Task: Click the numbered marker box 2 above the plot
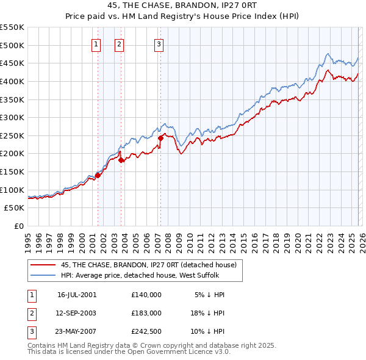click(x=120, y=44)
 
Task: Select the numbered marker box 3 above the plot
click(x=159, y=44)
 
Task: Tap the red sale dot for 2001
click(x=98, y=175)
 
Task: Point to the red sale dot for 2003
click(x=121, y=160)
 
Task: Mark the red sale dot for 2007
click(x=160, y=138)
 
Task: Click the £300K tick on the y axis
click(x=13, y=117)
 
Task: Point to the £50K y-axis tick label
click(x=15, y=207)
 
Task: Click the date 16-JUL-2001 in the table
click(x=77, y=295)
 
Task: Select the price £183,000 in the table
click(x=146, y=313)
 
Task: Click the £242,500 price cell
click(x=146, y=331)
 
